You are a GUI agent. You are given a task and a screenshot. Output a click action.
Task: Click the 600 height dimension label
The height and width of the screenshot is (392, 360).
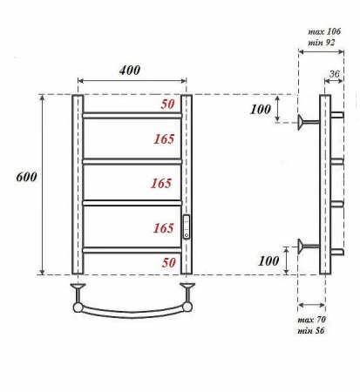[x=26, y=177]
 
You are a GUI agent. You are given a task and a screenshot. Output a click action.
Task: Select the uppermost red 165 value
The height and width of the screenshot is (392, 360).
[x=162, y=139]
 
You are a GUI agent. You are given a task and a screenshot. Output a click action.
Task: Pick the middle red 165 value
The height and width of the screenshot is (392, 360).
[x=162, y=184]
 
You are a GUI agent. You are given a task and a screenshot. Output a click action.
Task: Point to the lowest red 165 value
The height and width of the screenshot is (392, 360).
[x=162, y=228]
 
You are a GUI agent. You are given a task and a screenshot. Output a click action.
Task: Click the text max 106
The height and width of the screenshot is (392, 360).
[x=324, y=31]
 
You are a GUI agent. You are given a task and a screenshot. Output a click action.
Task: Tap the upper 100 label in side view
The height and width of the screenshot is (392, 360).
[x=261, y=110]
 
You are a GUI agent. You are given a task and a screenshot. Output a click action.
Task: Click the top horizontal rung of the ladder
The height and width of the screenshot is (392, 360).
[x=132, y=113]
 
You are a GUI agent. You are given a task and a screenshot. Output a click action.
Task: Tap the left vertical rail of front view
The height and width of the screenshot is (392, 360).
[x=77, y=183]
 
